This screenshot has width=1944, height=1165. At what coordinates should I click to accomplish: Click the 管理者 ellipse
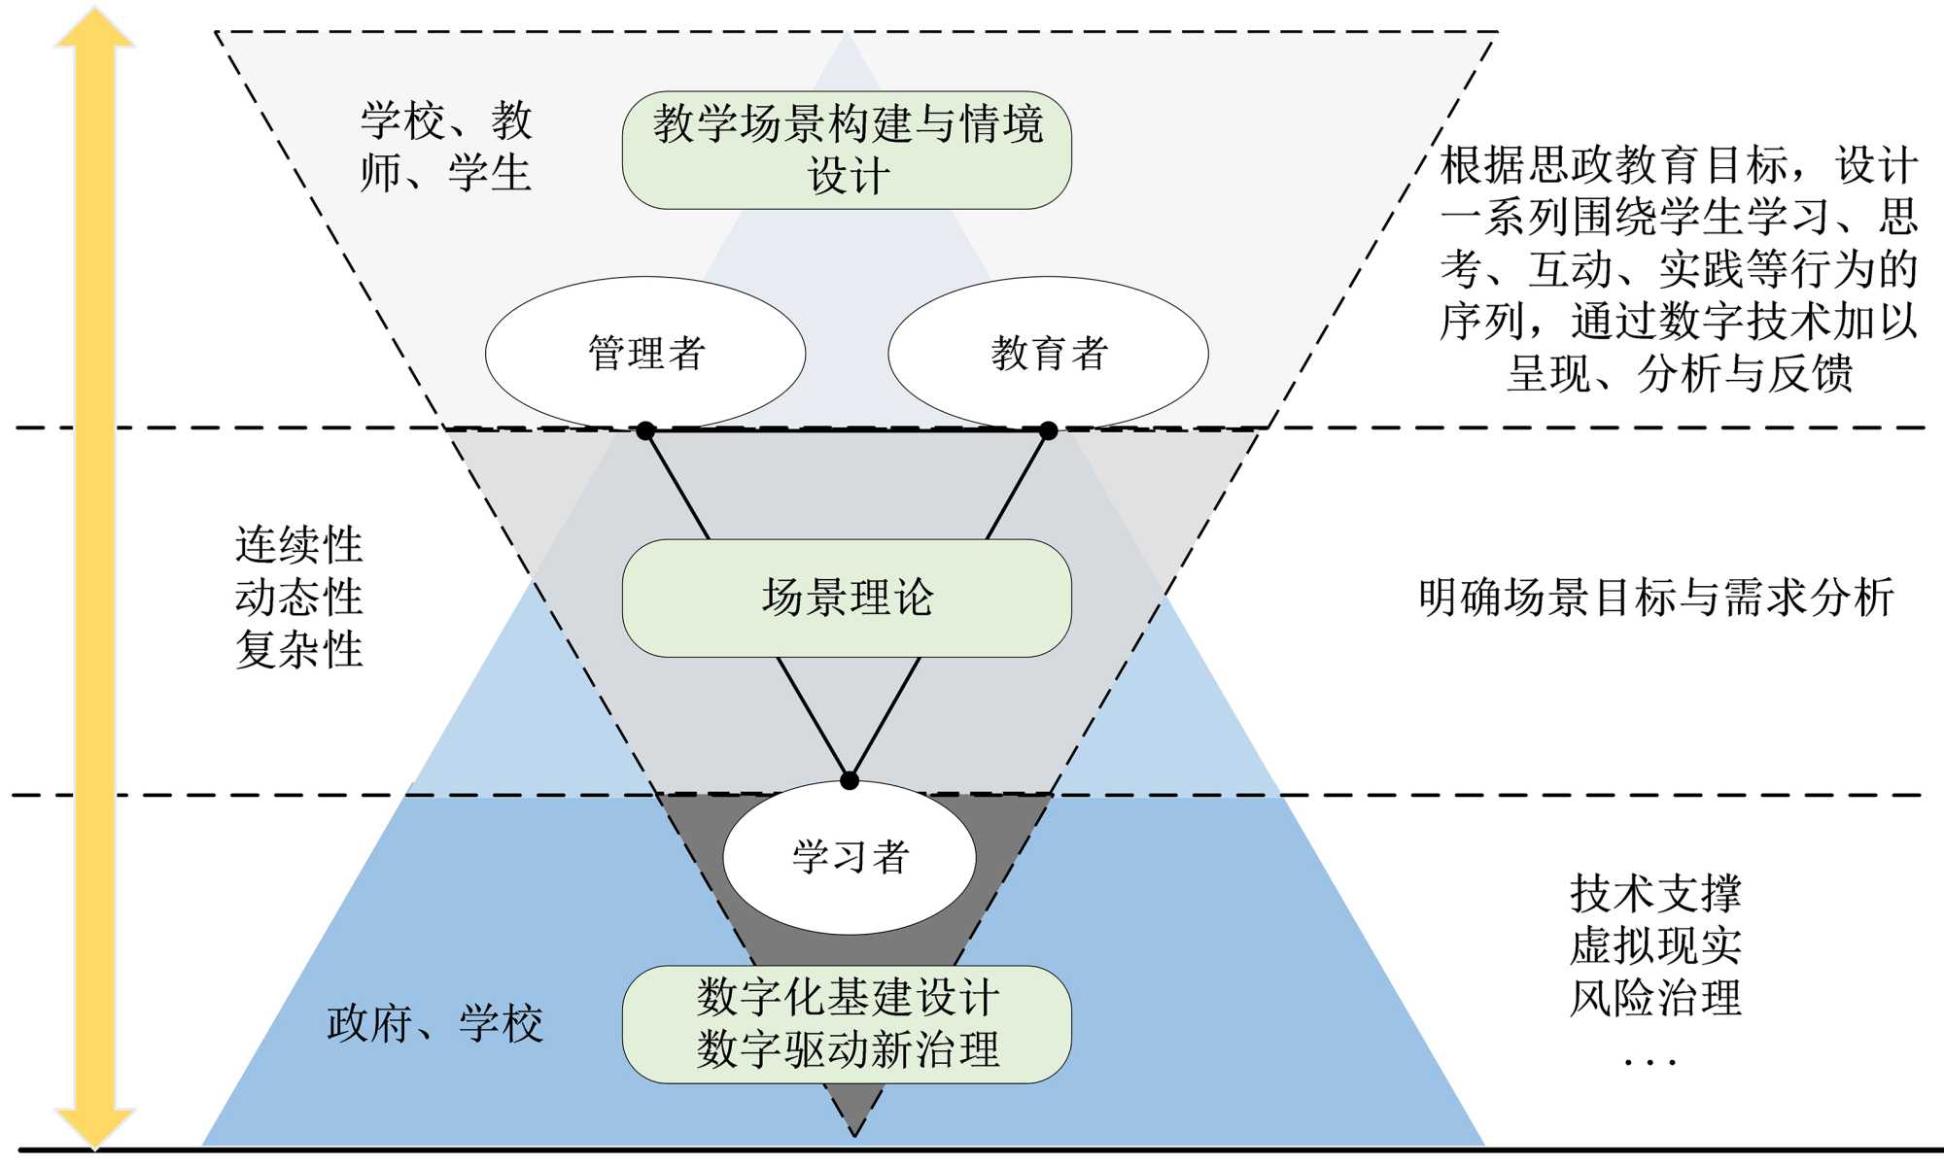(645, 352)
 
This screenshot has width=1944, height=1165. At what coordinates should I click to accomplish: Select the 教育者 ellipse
(1048, 352)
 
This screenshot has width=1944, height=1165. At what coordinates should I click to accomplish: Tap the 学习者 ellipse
(850, 857)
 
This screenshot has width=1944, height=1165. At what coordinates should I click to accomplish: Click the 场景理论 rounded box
(847, 598)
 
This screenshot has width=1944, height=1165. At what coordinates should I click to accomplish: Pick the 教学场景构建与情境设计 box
(847, 150)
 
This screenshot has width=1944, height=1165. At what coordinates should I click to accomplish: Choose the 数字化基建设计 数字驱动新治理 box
(847, 1024)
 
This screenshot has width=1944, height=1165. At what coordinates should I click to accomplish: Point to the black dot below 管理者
(645, 430)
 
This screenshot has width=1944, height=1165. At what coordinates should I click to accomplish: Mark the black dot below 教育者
(1048, 430)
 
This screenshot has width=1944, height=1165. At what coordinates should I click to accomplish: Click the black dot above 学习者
(850, 780)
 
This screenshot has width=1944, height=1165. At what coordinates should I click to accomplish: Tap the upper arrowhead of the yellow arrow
(94, 27)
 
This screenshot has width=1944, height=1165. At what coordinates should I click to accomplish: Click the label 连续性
(298, 545)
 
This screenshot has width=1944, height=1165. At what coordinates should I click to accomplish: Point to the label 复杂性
(298, 649)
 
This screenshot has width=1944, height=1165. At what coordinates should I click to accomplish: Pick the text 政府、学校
(434, 1024)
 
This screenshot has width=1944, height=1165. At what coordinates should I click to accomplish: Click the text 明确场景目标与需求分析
(1655, 598)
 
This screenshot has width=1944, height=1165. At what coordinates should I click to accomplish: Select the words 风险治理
(1655, 998)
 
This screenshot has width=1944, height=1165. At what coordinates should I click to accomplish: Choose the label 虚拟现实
(1655, 945)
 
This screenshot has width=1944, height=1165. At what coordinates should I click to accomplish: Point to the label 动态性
(298, 598)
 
